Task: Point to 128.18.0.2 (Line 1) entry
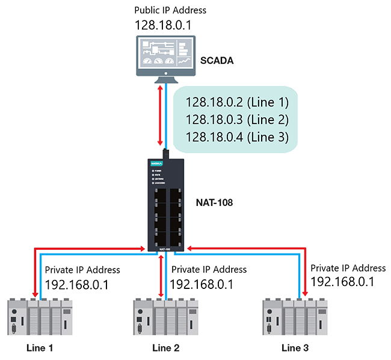pyautogui.click(x=238, y=102)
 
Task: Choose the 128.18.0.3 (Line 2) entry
pyautogui.click(x=238, y=119)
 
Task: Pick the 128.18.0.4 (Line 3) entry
pyautogui.click(x=238, y=137)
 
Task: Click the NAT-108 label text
pyautogui.click(x=215, y=203)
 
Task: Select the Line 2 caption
pyautogui.click(x=166, y=347)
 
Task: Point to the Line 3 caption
pyautogui.click(x=296, y=347)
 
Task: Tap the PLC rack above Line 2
pyautogui.click(x=166, y=317)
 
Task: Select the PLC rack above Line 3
pyautogui.click(x=295, y=317)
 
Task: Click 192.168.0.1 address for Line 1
pyautogui.click(x=76, y=284)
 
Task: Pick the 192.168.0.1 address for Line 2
pyautogui.click(x=202, y=284)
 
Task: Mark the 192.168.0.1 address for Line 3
pyautogui.click(x=342, y=282)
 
